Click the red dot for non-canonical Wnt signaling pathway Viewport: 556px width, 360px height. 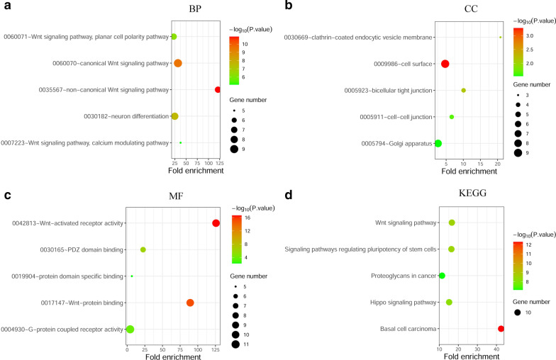pyautogui.click(x=218, y=89)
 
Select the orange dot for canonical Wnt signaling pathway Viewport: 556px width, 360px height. pyautogui.click(x=178, y=63)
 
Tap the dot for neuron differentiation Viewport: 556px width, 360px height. pyautogui.click(x=174, y=116)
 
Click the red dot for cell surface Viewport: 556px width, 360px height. pyautogui.click(x=445, y=64)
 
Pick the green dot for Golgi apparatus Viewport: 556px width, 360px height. pyautogui.click(x=438, y=143)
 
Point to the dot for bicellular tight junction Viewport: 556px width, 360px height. pyautogui.click(x=464, y=91)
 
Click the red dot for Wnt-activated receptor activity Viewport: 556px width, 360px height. pyautogui.click(x=216, y=223)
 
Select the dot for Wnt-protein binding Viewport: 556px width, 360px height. pyautogui.click(x=190, y=303)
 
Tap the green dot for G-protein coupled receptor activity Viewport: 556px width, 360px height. pyautogui.click(x=130, y=329)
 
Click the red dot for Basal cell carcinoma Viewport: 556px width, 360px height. pyautogui.click(x=501, y=329)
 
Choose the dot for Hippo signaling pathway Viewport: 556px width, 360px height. pyautogui.click(x=449, y=303)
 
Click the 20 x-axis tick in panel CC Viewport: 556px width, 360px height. pyautogui.click(x=497, y=163)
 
